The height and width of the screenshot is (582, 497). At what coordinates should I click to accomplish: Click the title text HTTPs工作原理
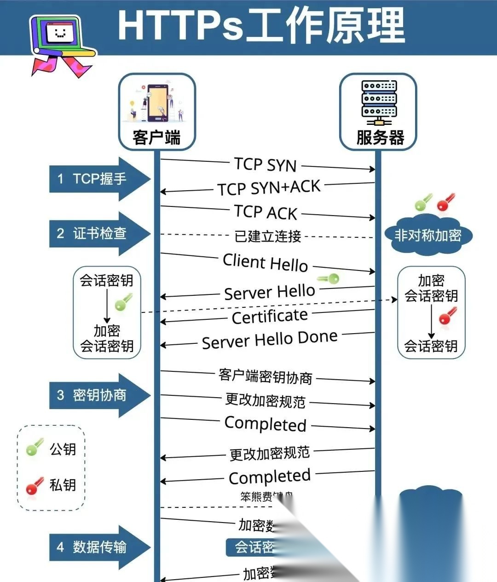coord(261,26)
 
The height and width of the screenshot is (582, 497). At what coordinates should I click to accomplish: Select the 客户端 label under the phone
coord(156,137)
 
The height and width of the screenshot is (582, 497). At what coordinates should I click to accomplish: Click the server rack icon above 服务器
coord(378,102)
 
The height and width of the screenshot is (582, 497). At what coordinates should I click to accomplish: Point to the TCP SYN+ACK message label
coord(269,188)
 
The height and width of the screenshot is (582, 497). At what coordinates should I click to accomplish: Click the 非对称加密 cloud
coord(428,235)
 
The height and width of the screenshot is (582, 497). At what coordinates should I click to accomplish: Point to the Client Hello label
coord(265,263)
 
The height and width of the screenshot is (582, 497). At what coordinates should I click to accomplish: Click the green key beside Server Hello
coord(329,279)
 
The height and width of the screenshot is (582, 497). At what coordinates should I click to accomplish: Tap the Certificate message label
coord(270,317)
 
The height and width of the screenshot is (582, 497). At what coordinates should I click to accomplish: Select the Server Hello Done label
coord(270,340)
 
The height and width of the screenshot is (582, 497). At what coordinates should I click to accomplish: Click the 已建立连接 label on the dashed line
coord(268,236)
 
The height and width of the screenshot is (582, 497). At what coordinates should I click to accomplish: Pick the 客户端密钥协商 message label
coord(266,376)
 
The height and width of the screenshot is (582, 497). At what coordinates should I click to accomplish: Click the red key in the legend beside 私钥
coord(35,486)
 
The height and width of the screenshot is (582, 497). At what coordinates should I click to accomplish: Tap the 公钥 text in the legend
coord(63,449)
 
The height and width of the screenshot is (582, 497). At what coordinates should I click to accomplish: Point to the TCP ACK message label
coord(266,212)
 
